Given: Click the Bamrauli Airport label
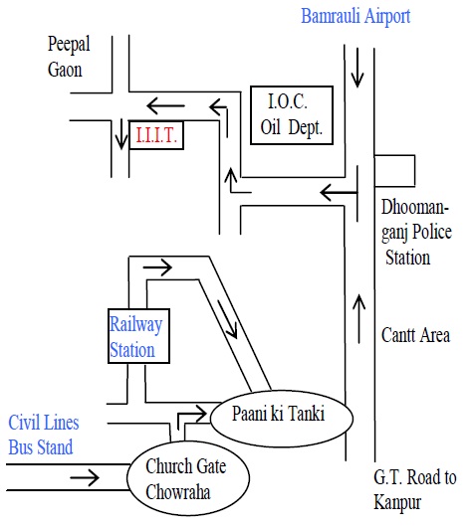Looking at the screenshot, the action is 355,16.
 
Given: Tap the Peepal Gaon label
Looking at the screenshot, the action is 69,57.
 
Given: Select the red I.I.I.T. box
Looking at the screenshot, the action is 156,135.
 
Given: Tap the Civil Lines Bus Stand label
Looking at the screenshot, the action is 43,436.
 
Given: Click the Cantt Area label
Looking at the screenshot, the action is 415,335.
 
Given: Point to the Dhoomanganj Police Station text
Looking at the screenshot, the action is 416,233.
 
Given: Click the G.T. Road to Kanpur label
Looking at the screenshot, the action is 415,490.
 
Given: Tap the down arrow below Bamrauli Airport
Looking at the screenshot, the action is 357,68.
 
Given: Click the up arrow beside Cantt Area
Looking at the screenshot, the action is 358,319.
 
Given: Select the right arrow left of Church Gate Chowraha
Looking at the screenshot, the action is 85,477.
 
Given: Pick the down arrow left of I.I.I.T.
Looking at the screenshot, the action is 120,134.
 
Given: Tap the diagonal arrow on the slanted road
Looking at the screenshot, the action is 227,319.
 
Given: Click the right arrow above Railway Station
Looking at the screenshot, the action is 157,267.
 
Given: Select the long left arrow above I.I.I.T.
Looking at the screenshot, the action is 166,106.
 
